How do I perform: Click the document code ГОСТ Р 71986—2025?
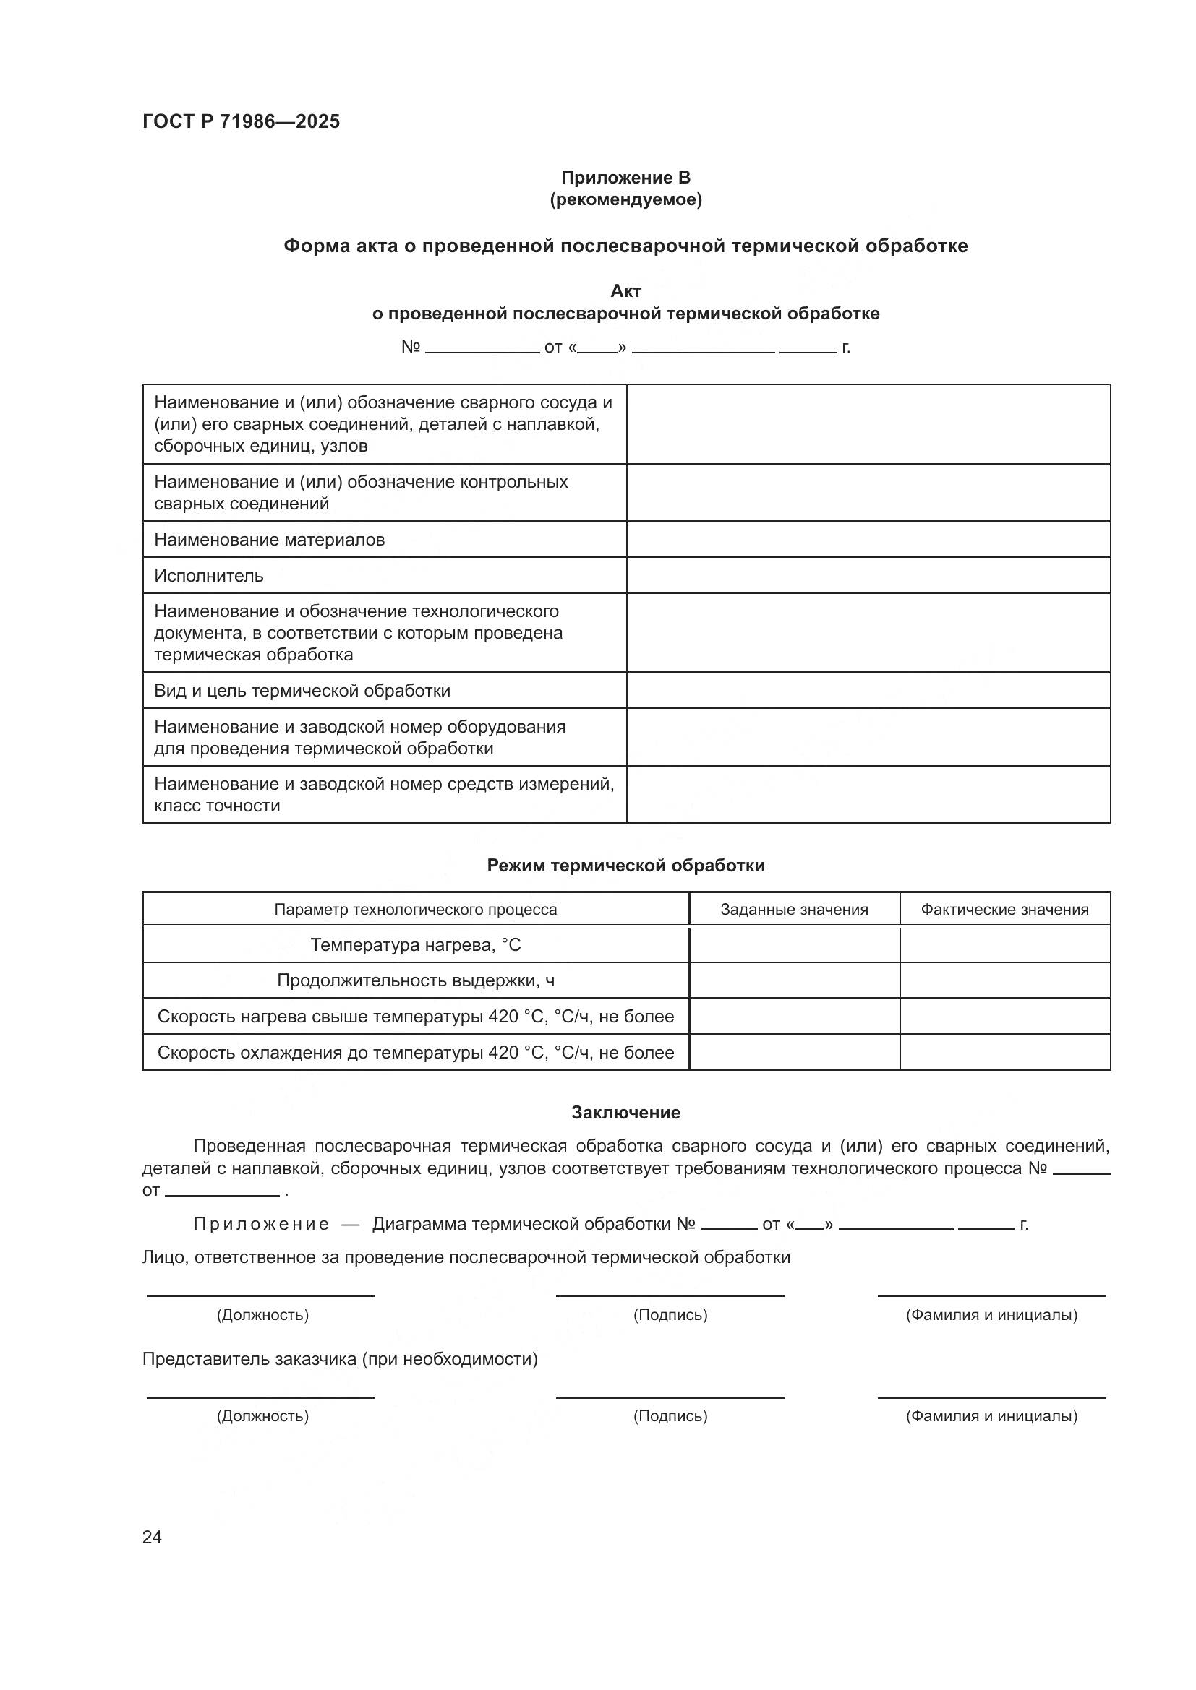point(241,121)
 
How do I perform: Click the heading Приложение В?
point(625,178)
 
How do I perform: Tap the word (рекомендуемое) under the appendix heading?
point(625,199)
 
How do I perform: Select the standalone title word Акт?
point(625,290)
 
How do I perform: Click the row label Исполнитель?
point(208,576)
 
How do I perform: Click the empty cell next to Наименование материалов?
point(868,540)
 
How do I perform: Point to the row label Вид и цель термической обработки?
point(302,691)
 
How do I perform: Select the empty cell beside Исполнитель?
point(868,576)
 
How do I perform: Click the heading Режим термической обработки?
point(625,866)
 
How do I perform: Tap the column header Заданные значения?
point(794,910)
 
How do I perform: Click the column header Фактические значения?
point(1004,910)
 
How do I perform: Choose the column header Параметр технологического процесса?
point(415,910)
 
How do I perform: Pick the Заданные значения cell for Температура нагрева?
point(794,945)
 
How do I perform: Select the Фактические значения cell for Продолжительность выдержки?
point(1004,980)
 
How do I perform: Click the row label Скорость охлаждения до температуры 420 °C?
point(415,1053)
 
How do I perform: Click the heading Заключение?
point(625,1113)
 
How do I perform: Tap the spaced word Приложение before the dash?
point(261,1224)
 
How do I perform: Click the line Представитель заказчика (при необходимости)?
point(340,1360)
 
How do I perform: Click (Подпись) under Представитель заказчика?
point(670,1416)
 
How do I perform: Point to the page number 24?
point(152,1538)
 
